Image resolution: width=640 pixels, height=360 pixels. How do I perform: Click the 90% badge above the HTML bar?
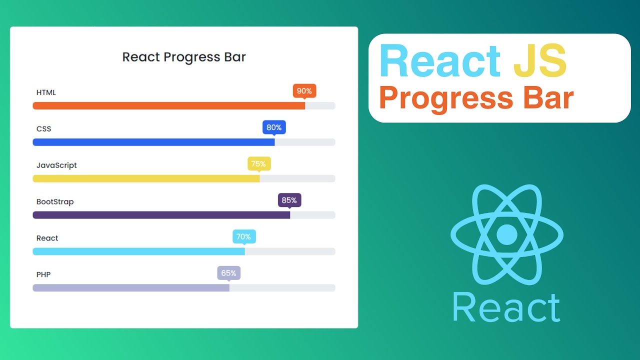pos(304,91)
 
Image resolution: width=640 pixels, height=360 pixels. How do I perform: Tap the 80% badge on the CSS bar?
pos(274,127)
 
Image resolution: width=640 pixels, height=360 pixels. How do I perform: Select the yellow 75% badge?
pos(259,164)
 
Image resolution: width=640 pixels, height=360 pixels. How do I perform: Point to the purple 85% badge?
pos(289,200)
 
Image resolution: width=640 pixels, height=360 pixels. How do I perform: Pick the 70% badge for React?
pos(244,237)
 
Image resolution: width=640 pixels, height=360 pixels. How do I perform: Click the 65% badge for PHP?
pos(228,273)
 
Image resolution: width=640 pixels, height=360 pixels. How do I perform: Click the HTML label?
pos(46,92)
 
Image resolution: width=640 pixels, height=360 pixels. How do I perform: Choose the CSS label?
pos(44,129)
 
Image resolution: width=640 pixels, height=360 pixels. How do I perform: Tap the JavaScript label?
pos(56,165)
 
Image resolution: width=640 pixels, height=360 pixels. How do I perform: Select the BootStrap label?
pos(55,202)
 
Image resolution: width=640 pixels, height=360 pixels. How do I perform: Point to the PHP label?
pos(43,274)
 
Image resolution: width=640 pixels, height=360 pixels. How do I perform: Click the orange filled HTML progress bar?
pos(168,105)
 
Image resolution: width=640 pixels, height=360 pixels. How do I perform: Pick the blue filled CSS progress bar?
pos(153,142)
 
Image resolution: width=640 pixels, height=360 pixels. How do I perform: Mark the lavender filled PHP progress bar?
pos(131,287)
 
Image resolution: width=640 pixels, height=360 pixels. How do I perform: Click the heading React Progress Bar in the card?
pos(184,57)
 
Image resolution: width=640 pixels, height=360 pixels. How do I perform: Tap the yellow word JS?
pos(540,61)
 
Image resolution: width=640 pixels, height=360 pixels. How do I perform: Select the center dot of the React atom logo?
pos(507,234)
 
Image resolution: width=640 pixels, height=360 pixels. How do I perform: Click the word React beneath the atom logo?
pos(506,308)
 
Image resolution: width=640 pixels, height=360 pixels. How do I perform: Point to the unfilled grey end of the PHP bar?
pos(282,287)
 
